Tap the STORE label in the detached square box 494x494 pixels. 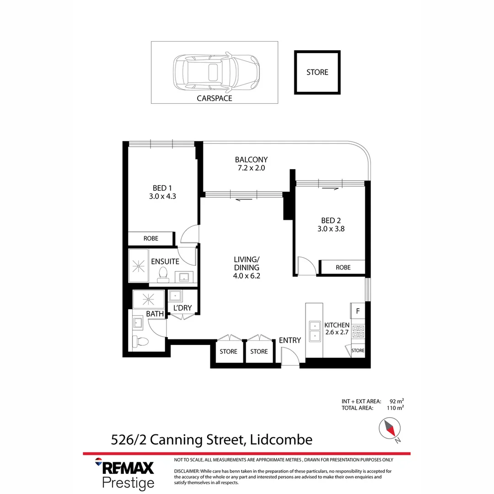[x=317, y=72]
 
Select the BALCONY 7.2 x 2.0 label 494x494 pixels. [x=251, y=164]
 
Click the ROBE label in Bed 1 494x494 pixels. [x=151, y=239]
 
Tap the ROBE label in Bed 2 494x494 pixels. [x=343, y=267]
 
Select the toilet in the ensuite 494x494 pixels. [x=162, y=274]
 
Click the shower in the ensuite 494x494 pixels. [x=138, y=265]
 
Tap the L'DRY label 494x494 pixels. [x=182, y=308]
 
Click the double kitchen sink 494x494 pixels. [x=315, y=331]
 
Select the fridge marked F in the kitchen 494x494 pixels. [x=358, y=311]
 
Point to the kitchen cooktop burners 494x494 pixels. [x=358, y=331]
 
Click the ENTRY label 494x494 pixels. [x=290, y=340]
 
